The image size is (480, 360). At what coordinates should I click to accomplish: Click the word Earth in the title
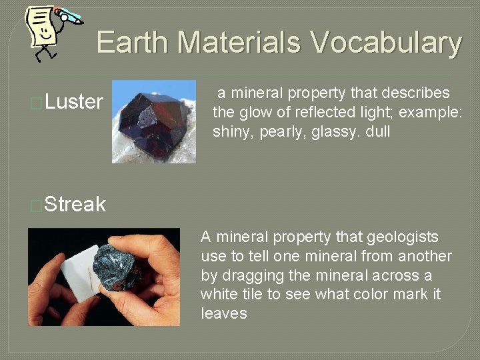tap(133, 42)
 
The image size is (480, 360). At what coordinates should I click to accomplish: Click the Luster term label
tap(74, 102)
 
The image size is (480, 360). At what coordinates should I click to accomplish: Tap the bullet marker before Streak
tap(37, 205)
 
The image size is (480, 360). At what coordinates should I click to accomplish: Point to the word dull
tap(378, 132)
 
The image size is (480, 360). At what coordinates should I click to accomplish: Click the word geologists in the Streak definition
tap(407, 237)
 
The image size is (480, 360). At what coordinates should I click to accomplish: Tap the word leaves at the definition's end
tap(223, 313)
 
